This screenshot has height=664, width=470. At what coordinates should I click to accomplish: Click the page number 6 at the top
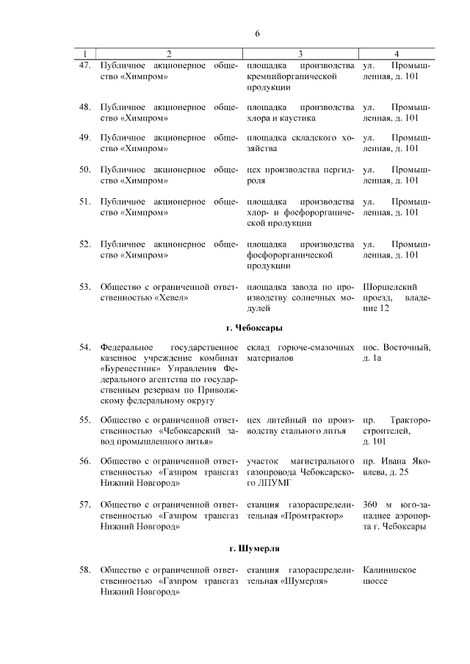pos(258,34)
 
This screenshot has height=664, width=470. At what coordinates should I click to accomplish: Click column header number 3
pos(300,54)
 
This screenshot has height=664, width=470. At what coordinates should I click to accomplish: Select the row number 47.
pos(84,65)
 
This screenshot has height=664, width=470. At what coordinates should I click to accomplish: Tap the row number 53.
pos(84,285)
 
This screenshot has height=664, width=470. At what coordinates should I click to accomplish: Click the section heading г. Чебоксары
pos(256,327)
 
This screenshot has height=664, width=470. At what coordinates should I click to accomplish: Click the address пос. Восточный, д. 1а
pos(397,352)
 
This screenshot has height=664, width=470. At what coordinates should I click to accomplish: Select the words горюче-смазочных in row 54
pos(314,347)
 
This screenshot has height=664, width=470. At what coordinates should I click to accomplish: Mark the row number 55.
pos(84,420)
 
